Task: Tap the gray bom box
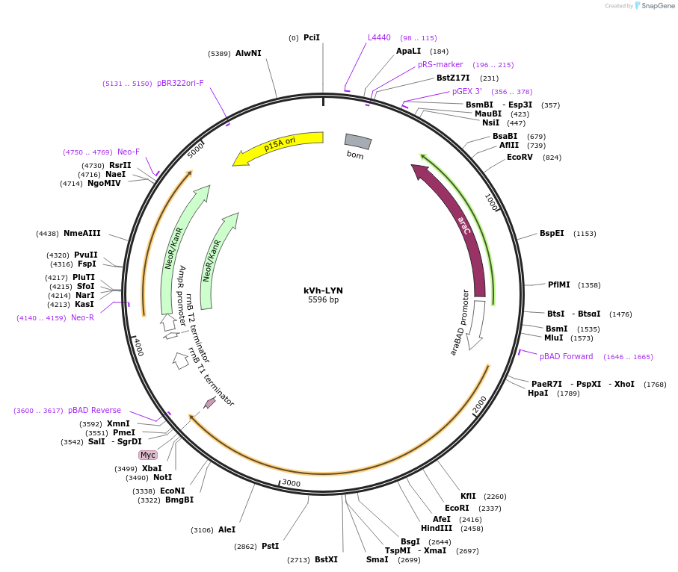coord(358,141)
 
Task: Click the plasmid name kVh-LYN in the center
coord(323,290)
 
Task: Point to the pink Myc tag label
coord(148,455)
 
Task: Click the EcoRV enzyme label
coord(520,158)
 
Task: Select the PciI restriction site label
coord(311,37)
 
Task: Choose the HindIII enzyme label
coord(437,529)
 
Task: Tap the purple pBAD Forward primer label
coord(566,356)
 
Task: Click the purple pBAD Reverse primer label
coord(94,410)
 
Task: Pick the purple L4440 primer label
coord(379,37)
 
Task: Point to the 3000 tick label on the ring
coord(291,482)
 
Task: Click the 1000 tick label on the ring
coord(492,202)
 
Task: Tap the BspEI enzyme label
coord(552,233)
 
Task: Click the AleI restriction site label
coord(226,529)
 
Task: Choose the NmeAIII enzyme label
coord(81,233)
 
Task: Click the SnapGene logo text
coord(658,6)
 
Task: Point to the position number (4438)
coord(47,234)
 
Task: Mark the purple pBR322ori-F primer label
coord(180,83)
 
